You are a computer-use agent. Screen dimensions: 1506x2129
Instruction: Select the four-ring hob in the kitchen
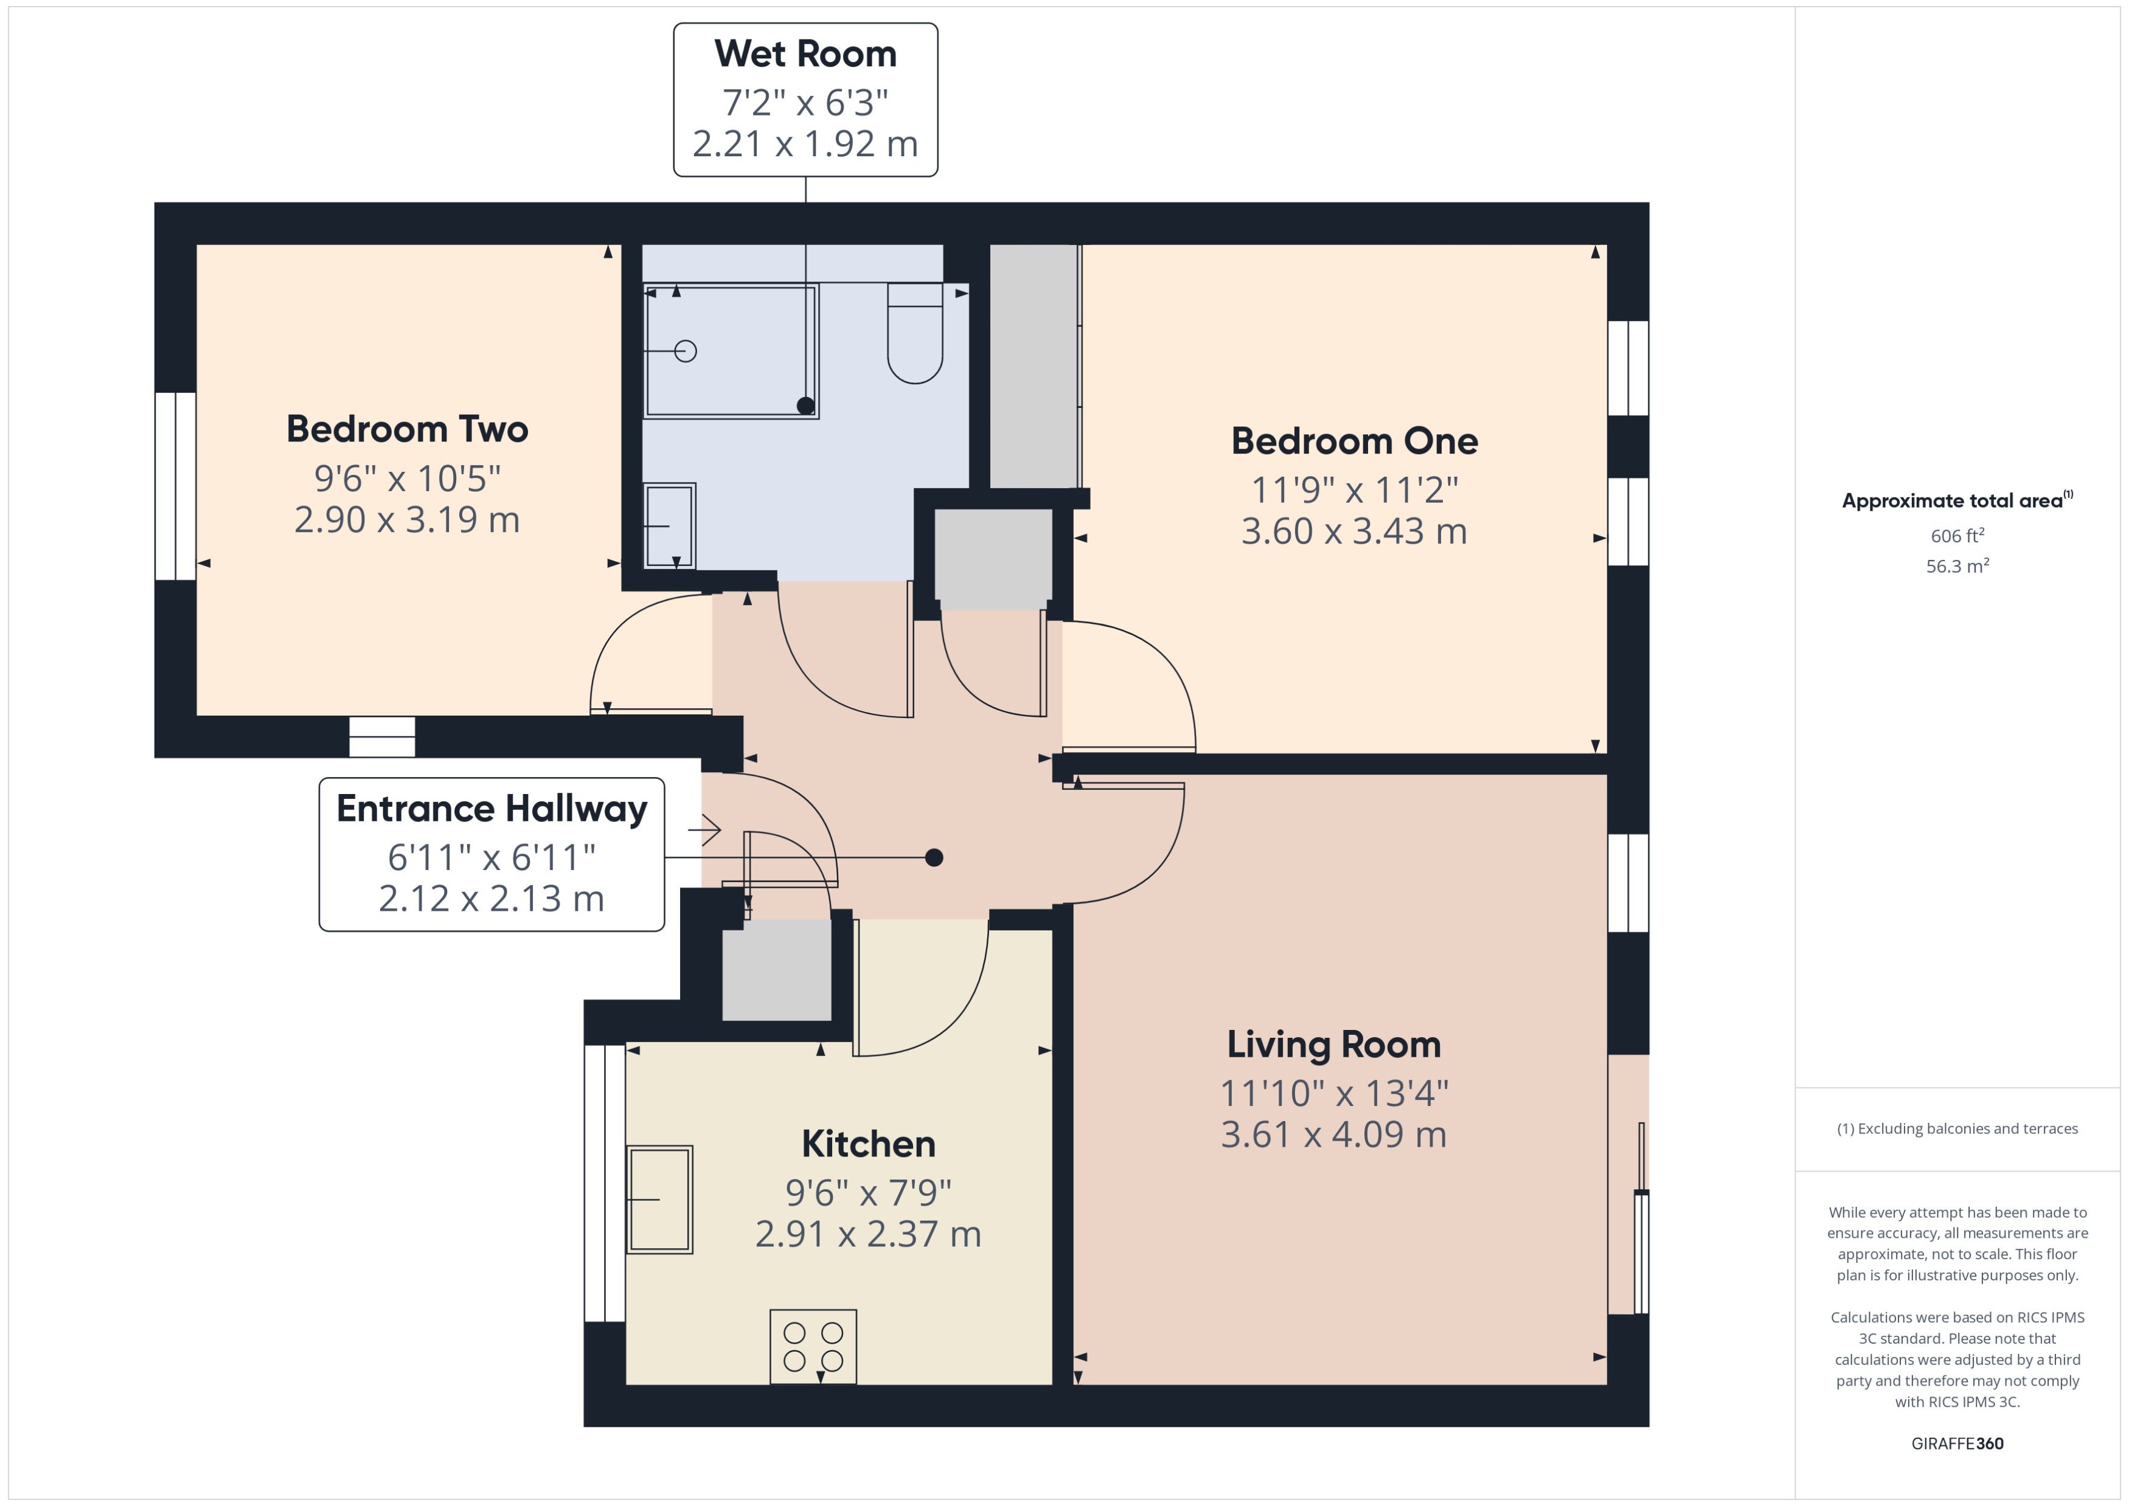point(813,1345)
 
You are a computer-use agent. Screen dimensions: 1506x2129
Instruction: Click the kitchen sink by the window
point(659,1199)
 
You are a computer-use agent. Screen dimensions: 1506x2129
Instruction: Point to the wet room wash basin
point(670,525)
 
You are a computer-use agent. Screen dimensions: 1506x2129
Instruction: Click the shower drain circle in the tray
point(686,351)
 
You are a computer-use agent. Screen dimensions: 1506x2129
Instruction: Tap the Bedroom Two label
point(407,429)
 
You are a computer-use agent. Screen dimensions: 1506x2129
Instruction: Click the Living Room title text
point(1333,1044)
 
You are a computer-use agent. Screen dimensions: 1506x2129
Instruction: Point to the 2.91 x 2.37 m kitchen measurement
point(867,1234)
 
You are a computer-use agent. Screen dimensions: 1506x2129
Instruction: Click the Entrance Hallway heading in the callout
point(491,809)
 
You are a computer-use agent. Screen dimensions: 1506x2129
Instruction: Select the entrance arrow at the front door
point(705,829)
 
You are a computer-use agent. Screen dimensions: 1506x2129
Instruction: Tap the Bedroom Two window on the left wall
point(175,486)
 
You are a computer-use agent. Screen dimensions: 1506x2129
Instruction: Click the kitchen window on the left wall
point(604,1183)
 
